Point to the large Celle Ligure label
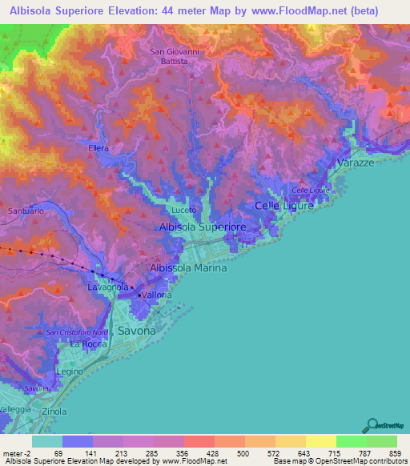(x=284, y=207)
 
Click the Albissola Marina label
(x=188, y=268)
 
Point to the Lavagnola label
(x=108, y=287)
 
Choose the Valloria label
(x=157, y=295)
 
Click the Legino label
(x=70, y=373)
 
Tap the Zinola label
(x=54, y=412)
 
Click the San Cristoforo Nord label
(x=77, y=332)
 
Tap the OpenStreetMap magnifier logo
(x=372, y=427)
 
